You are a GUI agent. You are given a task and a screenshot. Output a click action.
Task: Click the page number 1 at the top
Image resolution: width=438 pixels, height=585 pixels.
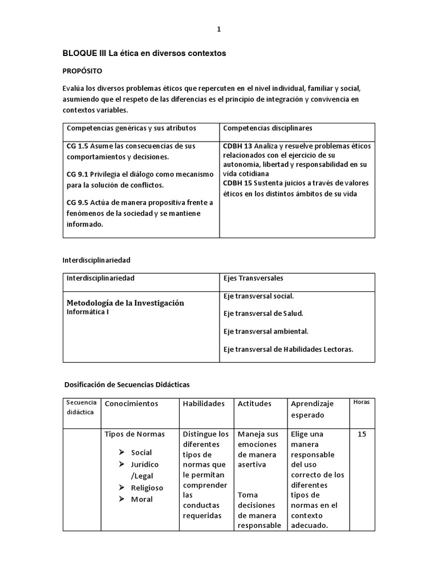click(x=218, y=30)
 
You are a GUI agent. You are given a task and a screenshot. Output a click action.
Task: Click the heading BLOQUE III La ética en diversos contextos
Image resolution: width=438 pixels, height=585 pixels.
click(x=144, y=53)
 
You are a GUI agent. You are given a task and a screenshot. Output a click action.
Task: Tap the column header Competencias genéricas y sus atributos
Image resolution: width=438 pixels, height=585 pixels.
click(x=131, y=128)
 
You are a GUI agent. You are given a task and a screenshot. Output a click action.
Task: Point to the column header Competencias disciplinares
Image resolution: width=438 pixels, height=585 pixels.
click(x=267, y=128)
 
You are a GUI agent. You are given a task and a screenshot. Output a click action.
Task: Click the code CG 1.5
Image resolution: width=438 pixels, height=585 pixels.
click(x=78, y=146)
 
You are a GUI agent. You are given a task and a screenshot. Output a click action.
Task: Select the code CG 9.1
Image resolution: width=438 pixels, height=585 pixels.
click(x=78, y=175)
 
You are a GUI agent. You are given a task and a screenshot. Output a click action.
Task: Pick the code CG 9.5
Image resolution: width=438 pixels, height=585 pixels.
click(x=78, y=203)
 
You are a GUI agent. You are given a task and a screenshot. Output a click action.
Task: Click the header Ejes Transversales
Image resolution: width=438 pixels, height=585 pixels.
click(x=253, y=278)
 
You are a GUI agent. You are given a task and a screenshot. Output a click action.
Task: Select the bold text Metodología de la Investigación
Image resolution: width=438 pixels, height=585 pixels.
click(x=125, y=303)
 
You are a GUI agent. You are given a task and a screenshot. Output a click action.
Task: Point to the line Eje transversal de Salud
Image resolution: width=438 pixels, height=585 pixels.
click(x=263, y=314)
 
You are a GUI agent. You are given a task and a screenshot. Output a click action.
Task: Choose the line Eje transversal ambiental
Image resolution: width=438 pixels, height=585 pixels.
click(x=266, y=331)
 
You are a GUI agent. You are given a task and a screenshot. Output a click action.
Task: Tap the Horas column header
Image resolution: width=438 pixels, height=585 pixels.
click(x=362, y=402)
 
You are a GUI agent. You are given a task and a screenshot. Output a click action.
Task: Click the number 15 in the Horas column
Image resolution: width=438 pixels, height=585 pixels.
click(x=362, y=435)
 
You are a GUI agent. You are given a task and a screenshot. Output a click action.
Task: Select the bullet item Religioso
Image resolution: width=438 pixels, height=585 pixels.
click(x=147, y=488)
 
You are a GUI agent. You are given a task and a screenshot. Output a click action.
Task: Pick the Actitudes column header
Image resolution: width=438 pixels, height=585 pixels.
click(x=254, y=404)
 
